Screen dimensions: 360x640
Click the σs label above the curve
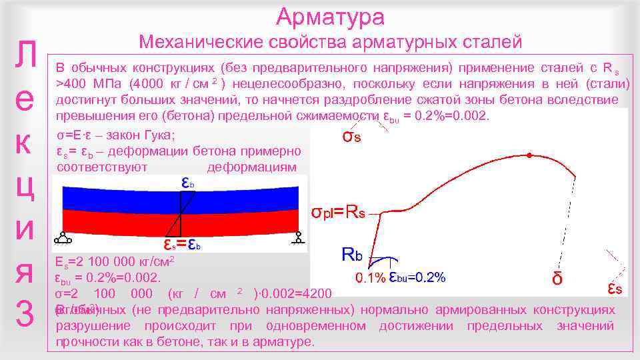click(351, 137)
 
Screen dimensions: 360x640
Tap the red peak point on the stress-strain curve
click(529, 155)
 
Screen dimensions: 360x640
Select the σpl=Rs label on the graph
click(339, 213)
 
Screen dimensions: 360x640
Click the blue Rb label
click(351, 254)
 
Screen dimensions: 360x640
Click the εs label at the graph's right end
click(615, 288)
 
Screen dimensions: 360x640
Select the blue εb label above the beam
click(188, 182)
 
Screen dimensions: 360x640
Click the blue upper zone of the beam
click(120, 199)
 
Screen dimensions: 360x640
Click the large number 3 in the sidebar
click(24, 316)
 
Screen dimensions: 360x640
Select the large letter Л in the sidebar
click(24, 56)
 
